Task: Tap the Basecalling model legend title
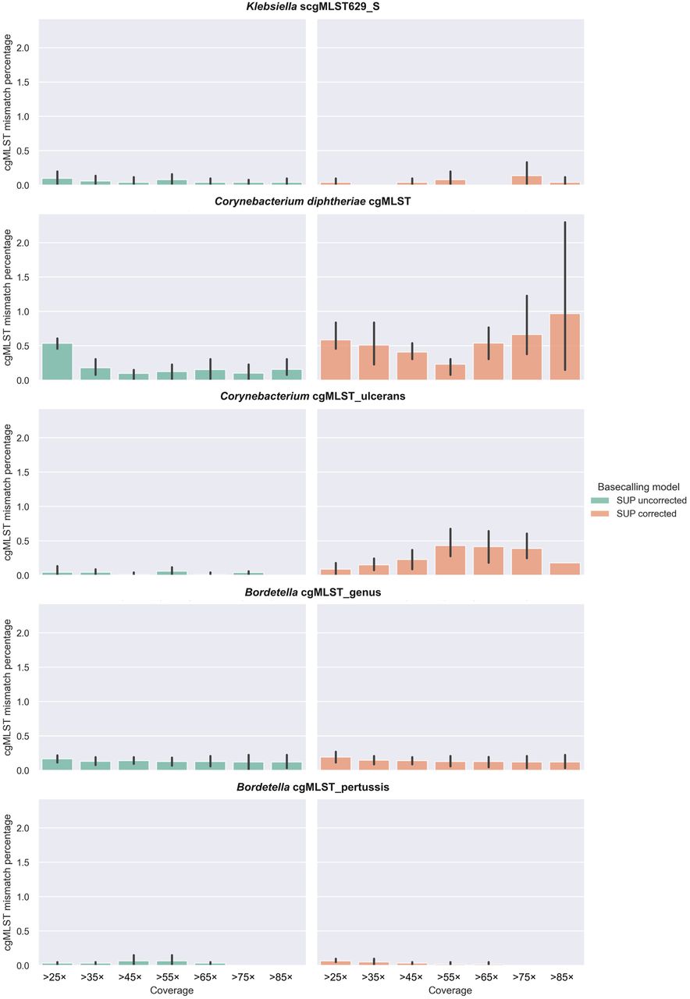tap(638, 486)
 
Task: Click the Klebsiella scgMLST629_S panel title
tap(310, 7)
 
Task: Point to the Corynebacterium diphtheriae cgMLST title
tap(312, 201)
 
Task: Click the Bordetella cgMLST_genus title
tap(310, 592)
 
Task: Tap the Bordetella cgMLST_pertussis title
tap(312, 787)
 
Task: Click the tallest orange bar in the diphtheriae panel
tap(565, 347)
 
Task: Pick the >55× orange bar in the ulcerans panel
tap(450, 560)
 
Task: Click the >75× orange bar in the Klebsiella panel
tap(527, 180)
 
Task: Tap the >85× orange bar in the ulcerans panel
tap(565, 569)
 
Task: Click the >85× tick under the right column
tap(565, 976)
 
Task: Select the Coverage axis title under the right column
tap(450, 990)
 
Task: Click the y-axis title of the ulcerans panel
tap(9, 492)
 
